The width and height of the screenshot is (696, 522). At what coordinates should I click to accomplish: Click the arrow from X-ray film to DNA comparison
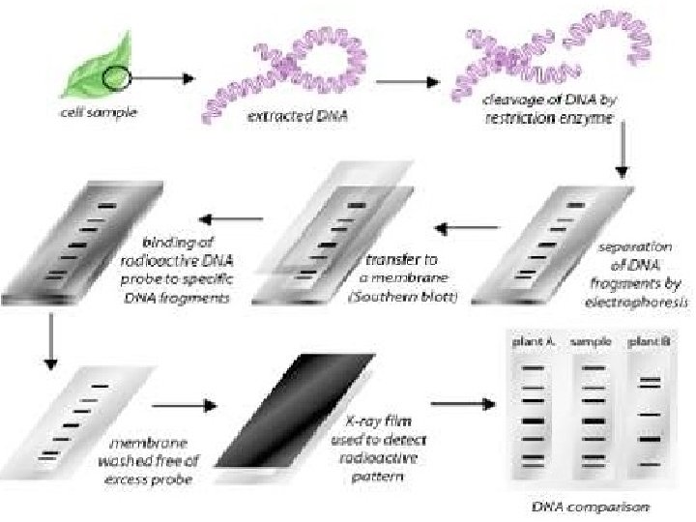(x=458, y=404)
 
